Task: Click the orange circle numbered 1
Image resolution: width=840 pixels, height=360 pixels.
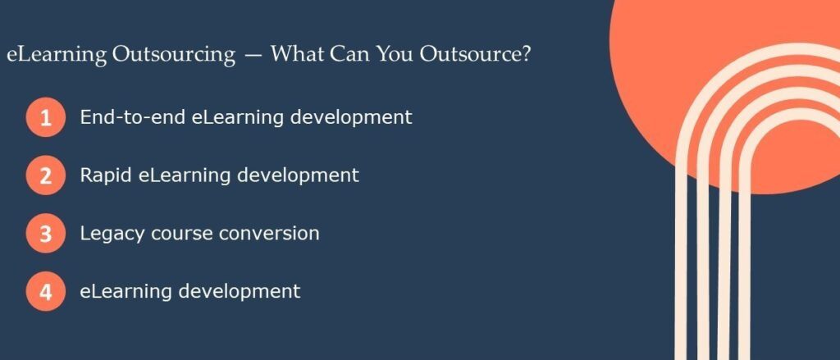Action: click(x=45, y=117)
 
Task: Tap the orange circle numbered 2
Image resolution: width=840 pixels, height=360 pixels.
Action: click(x=45, y=175)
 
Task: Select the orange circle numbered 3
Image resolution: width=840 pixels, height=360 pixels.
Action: click(x=45, y=234)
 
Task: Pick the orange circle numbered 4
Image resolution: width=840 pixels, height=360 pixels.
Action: click(x=45, y=292)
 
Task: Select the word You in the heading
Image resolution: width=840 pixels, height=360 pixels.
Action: click(x=397, y=56)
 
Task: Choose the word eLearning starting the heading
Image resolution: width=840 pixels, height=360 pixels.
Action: click(x=57, y=56)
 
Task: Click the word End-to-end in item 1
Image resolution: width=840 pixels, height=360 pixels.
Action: click(x=132, y=117)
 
